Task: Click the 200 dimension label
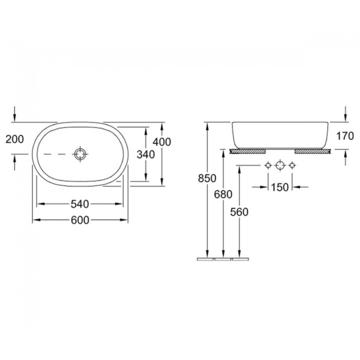[x=14, y=139]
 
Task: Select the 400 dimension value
[x=162, y=142]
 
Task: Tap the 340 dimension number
[x=145, y=154]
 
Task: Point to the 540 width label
[x=80, y=204]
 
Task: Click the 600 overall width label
[x=80, y=220]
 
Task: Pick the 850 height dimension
[x=207, y=179]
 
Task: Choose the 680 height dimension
[x=223, y=194]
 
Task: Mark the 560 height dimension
[x=239, y=212]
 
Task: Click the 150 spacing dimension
[x=280, y=187]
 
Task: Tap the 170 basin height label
[x=345, y=136]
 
